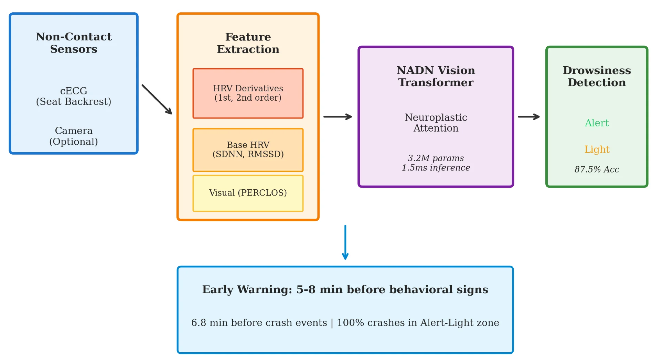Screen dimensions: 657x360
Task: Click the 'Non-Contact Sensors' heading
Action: pyautogui.click(x=74, y=43)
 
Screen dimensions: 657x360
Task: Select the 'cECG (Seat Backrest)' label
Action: pyautogui.click(x=74, y=96)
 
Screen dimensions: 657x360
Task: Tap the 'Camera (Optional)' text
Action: pyautogui.click(x=74, y=136)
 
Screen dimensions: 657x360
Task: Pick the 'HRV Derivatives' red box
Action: pyautogui.click(x=248, y=93)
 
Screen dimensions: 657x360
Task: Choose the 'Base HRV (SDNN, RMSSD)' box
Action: pyautogui.click(x=248, y=150)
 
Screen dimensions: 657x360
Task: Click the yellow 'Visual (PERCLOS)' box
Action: pyautogui.click(x=248, y=193)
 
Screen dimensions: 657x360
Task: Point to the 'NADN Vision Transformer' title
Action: pyautogui.click(x=436, y=76)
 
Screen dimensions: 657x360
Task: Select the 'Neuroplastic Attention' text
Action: pyautogui.click(x=436, y=123)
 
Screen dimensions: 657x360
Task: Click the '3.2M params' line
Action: pyautogui.click(x=436, y=158)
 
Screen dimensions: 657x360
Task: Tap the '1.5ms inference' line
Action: pyautogui.click(x=436, y=168)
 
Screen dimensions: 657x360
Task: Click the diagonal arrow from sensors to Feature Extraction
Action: pyautogui.click(x=157, y=99)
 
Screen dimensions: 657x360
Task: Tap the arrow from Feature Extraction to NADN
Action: pyautogui.click(x=338, y=117)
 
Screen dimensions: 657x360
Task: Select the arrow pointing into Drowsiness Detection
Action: pyautogui.click(x=529, y=117)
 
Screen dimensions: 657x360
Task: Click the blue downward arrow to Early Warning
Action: pyautogui.click(x=345, y=242)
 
